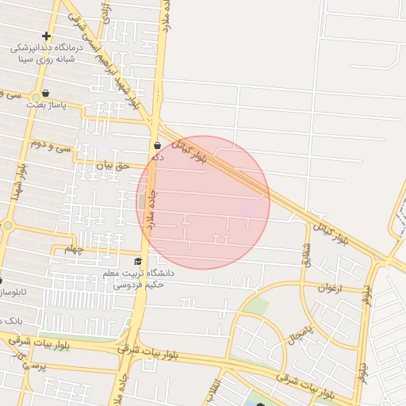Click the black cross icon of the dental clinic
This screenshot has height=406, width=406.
pos(46,36)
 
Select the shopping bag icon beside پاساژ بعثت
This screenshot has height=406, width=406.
pos(45,93)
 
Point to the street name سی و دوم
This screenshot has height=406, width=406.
pos(51,146)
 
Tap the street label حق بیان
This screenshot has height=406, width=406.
pos(112,166)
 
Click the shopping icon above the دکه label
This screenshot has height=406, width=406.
pos(158,146)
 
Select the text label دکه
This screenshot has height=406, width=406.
pos(158,157)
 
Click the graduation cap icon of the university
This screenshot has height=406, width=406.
pos(138,261)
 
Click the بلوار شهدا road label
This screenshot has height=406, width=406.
pos(17,182)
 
